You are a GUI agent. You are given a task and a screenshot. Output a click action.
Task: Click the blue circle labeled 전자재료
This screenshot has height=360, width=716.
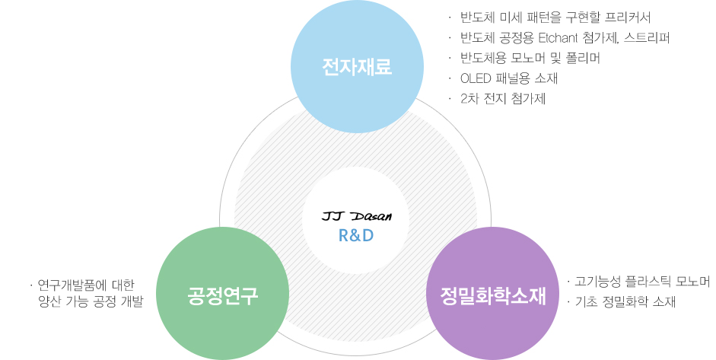[x=357, y=67]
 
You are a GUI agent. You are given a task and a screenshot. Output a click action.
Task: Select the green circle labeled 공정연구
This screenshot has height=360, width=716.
[x=223, y=294]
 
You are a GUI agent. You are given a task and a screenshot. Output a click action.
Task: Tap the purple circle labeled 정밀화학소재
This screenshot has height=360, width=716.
[x=493, y=294]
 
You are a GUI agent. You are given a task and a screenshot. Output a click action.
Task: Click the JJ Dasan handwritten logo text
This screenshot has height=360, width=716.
[x=357, y=217]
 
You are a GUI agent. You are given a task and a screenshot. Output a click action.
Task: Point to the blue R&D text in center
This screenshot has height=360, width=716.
[x=356, y=235]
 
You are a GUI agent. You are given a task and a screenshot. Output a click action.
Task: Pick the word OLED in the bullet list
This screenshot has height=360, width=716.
[x=476, y=78]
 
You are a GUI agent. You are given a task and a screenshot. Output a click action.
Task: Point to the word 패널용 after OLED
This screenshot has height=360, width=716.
[x=517, y=78]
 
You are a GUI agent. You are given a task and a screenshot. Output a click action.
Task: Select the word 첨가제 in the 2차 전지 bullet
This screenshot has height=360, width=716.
[x=529, y=99]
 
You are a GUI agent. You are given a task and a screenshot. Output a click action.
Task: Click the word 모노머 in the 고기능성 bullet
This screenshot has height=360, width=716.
[x=692, y=282]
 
